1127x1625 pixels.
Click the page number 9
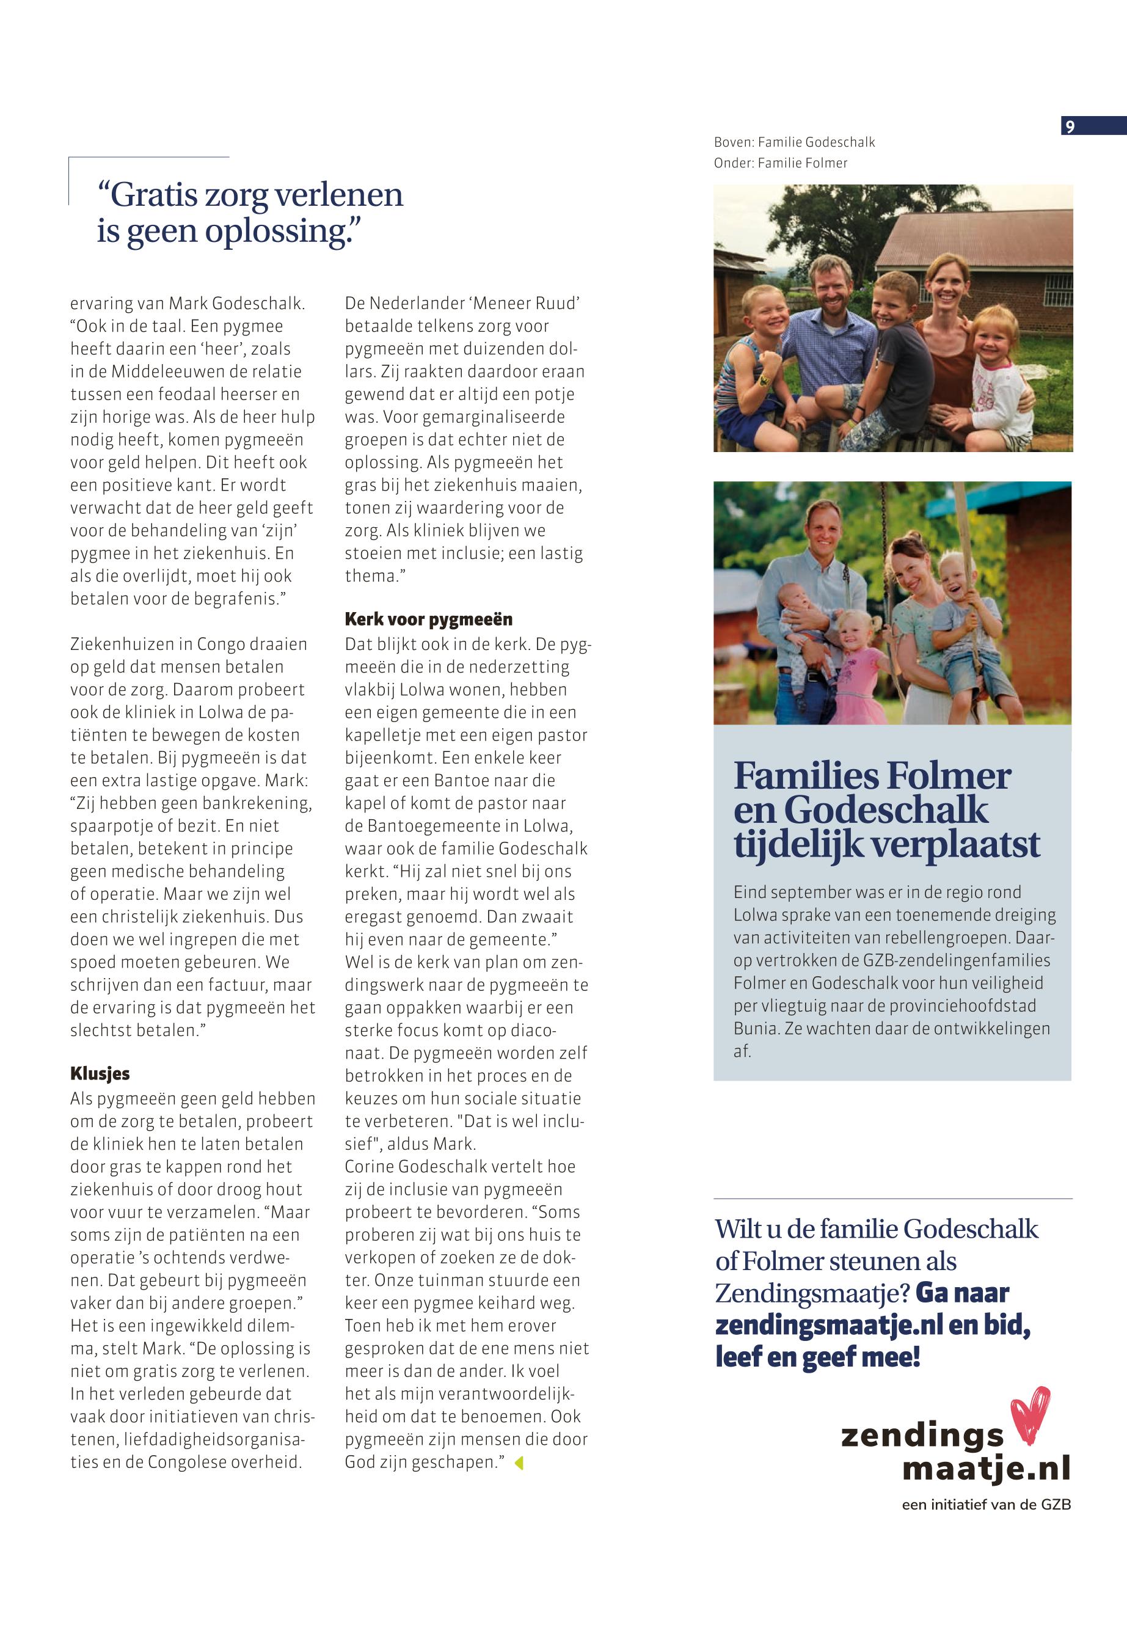coord(1070,126)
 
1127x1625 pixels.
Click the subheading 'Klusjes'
coord(100,1073)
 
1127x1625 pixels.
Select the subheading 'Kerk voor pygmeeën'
coord(428,619)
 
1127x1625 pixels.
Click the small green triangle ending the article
coord(520,1462)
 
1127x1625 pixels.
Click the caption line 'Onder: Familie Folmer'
coord(780,163)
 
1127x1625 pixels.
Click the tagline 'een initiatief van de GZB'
coord(986,1505)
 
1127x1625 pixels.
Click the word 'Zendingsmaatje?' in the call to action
coord(811,1293)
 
